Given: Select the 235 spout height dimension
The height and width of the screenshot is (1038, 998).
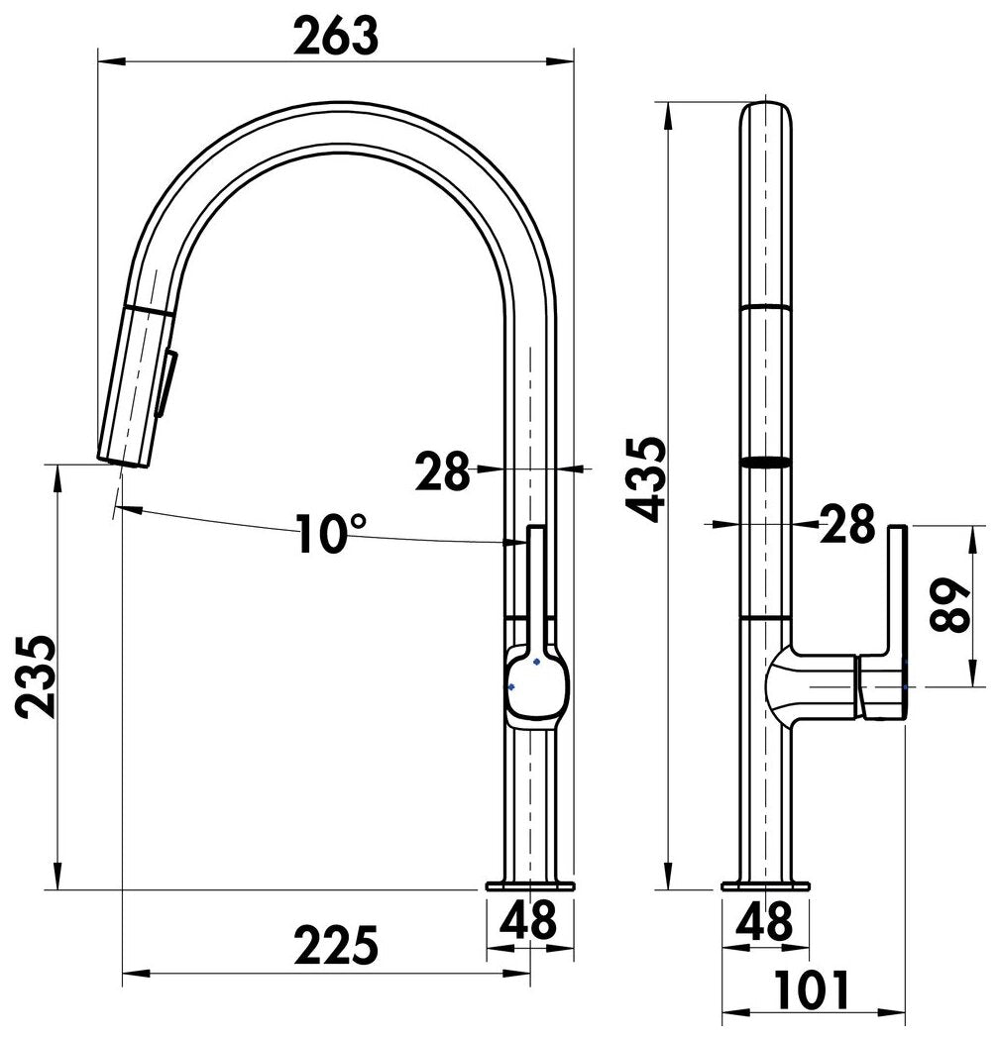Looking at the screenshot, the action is coord(36,677).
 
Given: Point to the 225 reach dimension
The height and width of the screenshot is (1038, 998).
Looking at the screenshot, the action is coord(336,945).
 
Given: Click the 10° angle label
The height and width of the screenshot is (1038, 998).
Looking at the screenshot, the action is coord(330,533).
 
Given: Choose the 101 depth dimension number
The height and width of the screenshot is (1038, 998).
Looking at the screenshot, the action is coord(812,991).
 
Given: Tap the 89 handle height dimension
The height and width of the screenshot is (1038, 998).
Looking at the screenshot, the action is coord(950,604).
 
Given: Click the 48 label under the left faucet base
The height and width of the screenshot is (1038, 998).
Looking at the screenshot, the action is coord(528,921).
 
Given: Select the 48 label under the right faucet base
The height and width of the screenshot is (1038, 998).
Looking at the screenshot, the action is coord(765,921).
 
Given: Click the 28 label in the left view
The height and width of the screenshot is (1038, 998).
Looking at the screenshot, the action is coord(442,471).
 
